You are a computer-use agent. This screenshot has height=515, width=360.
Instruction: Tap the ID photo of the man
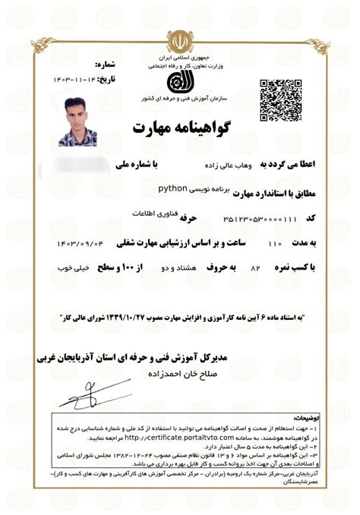point(83,122)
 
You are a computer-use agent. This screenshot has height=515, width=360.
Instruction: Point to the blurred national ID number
point(84,163)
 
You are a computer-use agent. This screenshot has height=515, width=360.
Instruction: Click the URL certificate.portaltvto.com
point(170,438)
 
